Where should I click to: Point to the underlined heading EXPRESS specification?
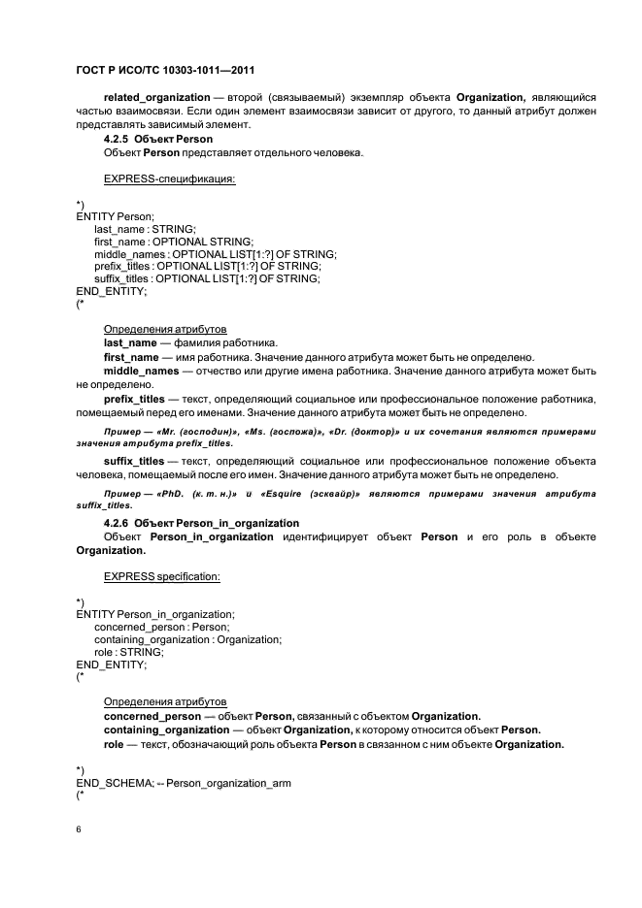point(161,576)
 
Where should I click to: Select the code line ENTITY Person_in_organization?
point(155,614)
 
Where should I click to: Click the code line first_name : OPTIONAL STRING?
point(173,241)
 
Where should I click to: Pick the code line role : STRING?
point(129,652)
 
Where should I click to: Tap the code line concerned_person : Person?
point(161,627)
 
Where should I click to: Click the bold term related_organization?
point(156,98)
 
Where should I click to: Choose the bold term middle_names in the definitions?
point(142,371)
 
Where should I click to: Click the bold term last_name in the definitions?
point(130,342)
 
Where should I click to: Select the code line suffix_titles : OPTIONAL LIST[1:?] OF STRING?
point(207,278)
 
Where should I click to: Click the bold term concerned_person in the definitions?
point(152,715)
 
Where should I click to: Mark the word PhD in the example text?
point(174,494)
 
